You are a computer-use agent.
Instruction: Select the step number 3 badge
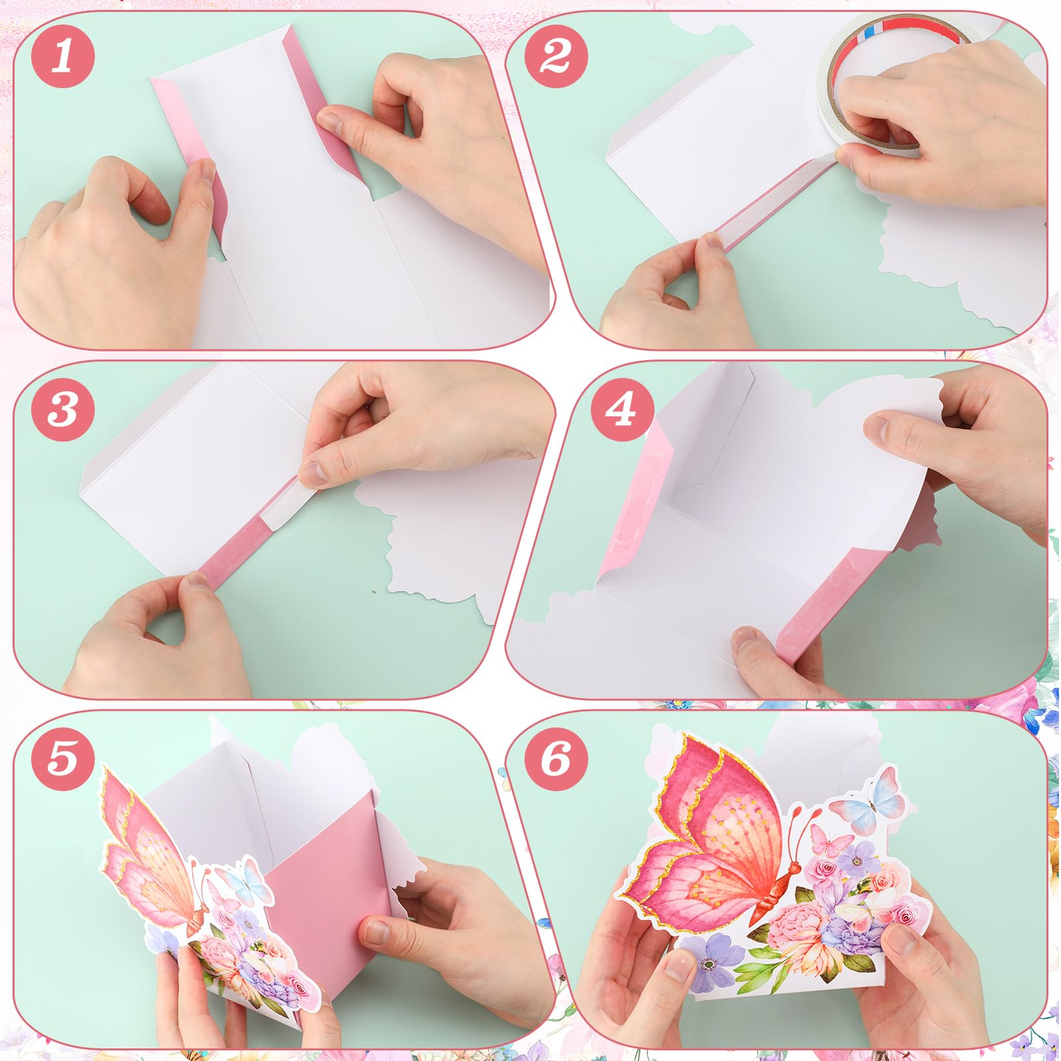[x=63, y=409]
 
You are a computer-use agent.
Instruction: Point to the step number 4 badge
[x=622, y=409]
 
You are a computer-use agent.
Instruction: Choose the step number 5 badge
[x=63, y=758]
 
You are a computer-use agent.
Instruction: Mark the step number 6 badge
[x=556, y=758]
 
